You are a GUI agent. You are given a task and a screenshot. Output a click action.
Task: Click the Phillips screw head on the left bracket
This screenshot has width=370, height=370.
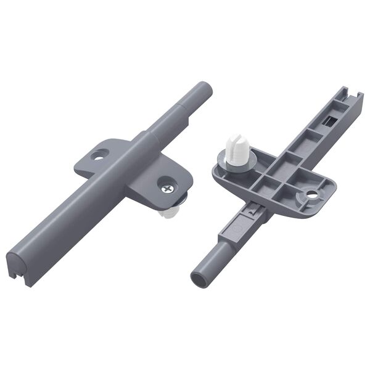click(168, 183)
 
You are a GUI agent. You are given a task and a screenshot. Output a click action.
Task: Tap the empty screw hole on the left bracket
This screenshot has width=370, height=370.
click(97, 155)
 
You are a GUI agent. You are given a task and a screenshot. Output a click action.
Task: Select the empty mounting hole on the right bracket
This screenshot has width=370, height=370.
click(311, 194)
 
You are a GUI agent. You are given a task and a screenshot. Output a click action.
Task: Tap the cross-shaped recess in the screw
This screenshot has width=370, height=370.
click(168, 183)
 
